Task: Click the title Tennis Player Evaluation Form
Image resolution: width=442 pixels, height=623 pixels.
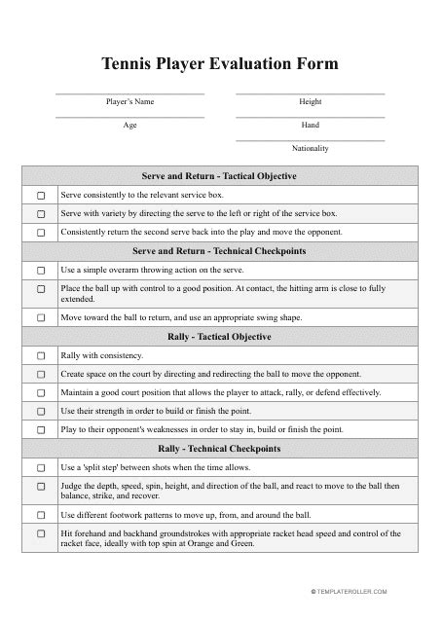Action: [x=221, y=64]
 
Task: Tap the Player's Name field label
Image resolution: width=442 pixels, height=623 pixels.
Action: [x=129, y=101]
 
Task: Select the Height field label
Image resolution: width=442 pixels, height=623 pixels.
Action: [x=311, y=101]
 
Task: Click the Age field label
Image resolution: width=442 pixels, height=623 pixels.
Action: [x=129, y=125]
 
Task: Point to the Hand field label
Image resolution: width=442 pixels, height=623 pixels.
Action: [x=311, y=125]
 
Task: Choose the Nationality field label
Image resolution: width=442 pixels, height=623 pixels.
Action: [x=311, y=148]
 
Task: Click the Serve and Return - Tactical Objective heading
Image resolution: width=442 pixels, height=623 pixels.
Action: [x=220, y=176]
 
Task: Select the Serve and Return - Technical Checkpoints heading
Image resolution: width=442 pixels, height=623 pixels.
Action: [x=220, y=251]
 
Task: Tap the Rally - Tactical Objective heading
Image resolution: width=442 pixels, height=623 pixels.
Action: [x=220, y=337]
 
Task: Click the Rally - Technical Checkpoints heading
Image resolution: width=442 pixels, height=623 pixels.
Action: [x=220, y=449]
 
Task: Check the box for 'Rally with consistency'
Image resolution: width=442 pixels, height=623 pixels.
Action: [x=41, y=355]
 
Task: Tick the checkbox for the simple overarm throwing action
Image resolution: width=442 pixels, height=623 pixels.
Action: [x=41, y=270]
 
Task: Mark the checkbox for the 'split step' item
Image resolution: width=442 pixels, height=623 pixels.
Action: [x=41, y=467]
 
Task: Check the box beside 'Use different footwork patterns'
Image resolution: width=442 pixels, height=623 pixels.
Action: [x=41, y=515]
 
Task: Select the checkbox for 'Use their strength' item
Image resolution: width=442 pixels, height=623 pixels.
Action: [x=41, y=411]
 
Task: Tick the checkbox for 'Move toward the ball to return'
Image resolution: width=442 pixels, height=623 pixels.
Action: [x=41, y=317]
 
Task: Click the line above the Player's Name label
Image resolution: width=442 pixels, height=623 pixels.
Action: [x=129, y=93]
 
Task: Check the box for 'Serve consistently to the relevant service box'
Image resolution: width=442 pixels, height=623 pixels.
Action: [x=41, y=196]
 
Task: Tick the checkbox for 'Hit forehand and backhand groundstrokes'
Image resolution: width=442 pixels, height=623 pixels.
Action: [x=41, y=533]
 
